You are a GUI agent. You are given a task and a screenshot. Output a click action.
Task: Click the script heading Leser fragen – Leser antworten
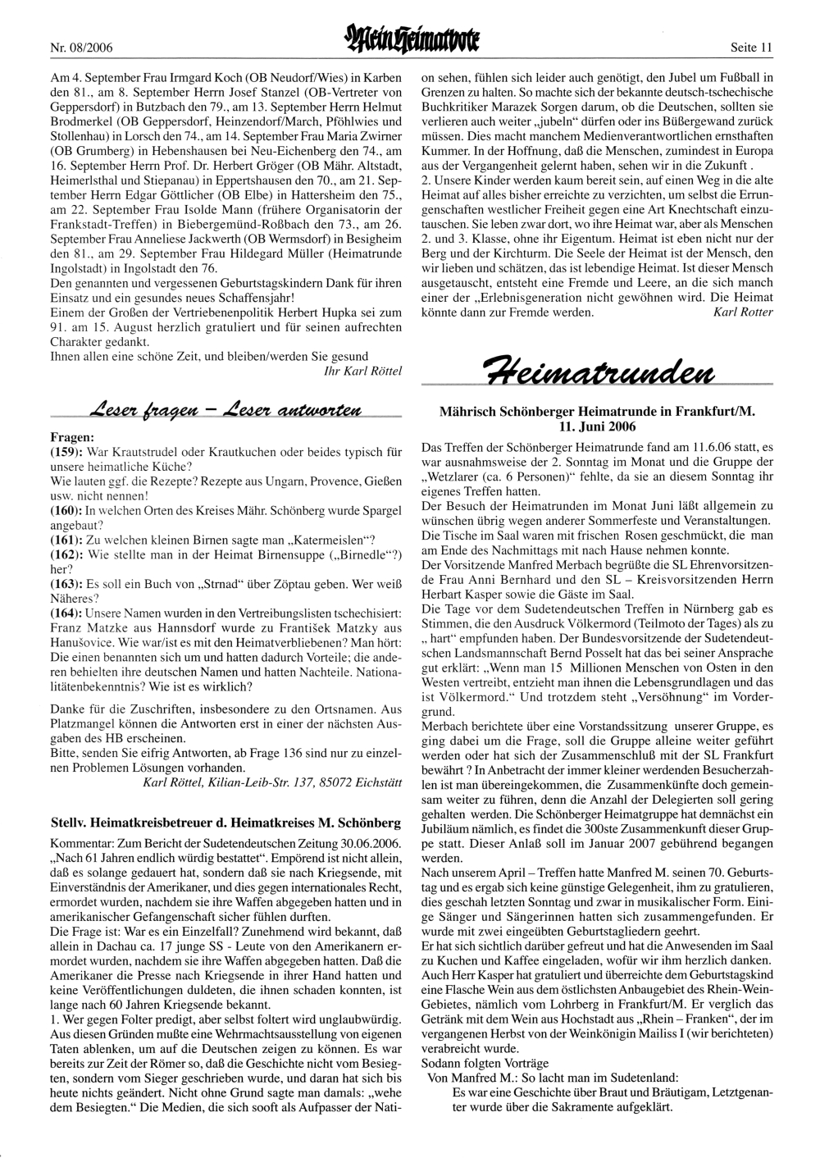pyautogui.click(x=225, y=409)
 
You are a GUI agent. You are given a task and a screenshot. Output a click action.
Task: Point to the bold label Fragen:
pyautogui.click(x=72, y=437)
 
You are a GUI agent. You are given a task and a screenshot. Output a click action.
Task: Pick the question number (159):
pyautogui.click(x=67, y=452)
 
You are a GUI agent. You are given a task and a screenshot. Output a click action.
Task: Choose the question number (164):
pyautogui.click(x=67, y=613)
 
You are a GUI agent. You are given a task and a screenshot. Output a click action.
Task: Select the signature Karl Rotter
pyautogui.click(x=743, y=312)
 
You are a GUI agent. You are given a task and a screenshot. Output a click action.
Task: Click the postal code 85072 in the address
pyautogui.click(x=325, y=782)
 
